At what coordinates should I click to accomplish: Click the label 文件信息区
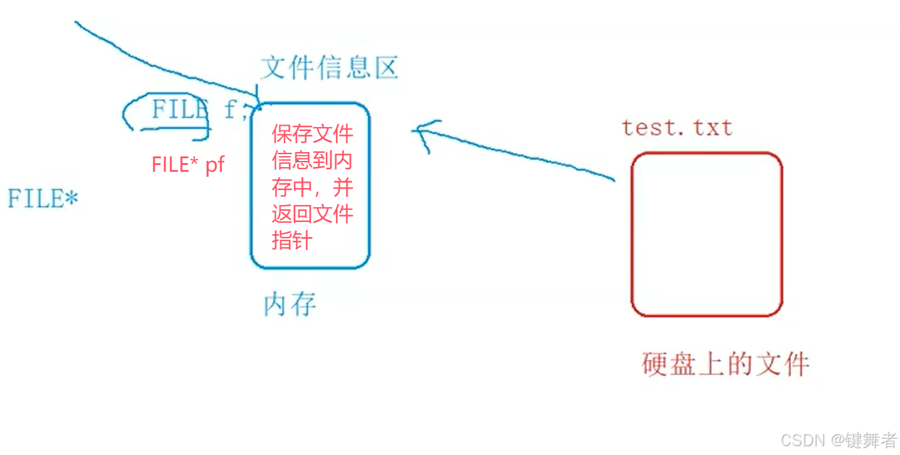329,68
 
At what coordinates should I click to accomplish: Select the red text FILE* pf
188,164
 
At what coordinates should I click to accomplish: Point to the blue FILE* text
43,199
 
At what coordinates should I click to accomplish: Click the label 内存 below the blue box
290,305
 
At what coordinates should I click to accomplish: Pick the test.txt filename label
677,127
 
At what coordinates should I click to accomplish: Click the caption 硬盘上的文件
726,365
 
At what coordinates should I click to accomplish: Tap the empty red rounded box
707,234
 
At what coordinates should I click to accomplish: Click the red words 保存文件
312,133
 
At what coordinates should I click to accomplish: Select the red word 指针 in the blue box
292,241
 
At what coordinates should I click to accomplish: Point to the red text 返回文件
312,215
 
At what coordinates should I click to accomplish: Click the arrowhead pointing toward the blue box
422,132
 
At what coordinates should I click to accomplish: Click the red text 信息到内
312,160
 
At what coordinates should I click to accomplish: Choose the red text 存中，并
312,187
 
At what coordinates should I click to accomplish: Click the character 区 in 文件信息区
384,68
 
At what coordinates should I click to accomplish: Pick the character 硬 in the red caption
655,365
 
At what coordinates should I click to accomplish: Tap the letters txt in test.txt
713,128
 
